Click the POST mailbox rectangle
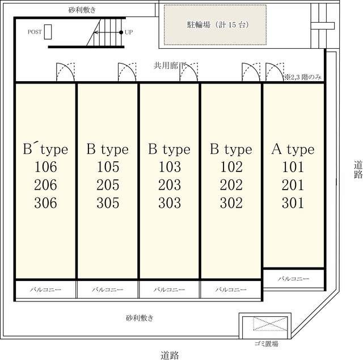pos(48,32)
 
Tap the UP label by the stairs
pos(129,32)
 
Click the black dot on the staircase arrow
pos(121,32)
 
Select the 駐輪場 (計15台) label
pos(218,24)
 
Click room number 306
pos(45,203)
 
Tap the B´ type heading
pos(45,149)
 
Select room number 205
pos(108,185)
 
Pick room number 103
pos(170,167)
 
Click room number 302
pos(231,203)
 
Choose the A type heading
pos(293,149)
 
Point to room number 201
pos(293,185)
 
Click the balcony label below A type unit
pos(294,278)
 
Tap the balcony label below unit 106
pos(45,289)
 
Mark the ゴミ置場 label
pos(266,344)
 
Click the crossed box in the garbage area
pos(270,324)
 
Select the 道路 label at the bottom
pos(170,355)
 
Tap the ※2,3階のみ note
pos(303,77)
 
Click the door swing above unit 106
pos(66,72)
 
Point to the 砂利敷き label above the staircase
pos(82,10)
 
